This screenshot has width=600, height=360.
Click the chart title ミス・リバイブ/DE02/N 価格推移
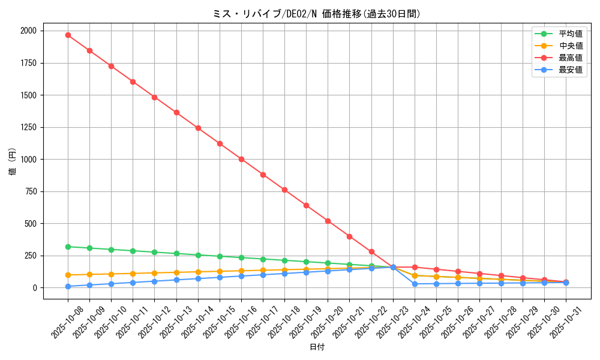[x=317, y=14]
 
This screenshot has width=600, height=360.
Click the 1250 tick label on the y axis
[x=28, y=127]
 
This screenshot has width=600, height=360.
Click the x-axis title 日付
[x=317, y=347]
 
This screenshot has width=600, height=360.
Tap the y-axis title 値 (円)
[x=12, y=162]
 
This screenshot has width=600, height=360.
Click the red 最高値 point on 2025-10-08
[x=68, y=35]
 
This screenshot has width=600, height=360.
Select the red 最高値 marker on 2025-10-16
[x=241, y=159]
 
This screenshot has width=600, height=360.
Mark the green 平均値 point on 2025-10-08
[x=68, y=247]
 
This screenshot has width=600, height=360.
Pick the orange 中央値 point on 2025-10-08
[x=68, y=275]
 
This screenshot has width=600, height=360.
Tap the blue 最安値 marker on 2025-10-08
[x=68, y=286]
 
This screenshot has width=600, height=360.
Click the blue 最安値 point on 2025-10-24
[x=415, y=284]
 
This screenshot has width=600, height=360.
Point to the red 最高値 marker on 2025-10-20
[x=328, y=221]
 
